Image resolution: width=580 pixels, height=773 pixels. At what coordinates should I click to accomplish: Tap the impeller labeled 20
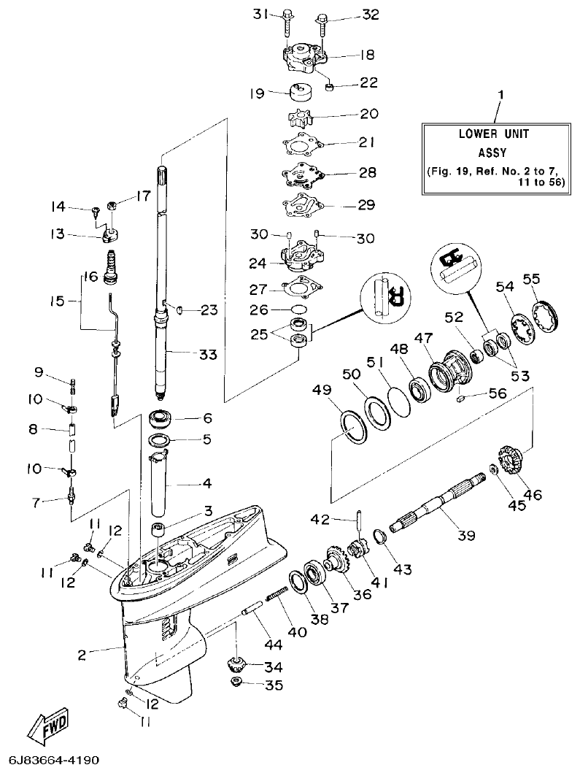(299, 118)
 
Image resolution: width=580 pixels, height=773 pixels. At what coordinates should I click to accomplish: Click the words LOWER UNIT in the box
(493, 134)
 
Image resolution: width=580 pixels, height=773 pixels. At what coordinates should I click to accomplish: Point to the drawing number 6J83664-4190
(54, 760)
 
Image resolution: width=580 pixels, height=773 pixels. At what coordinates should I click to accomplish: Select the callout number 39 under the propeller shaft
(466, 535)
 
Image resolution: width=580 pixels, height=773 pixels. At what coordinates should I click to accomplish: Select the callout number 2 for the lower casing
(82, 654)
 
